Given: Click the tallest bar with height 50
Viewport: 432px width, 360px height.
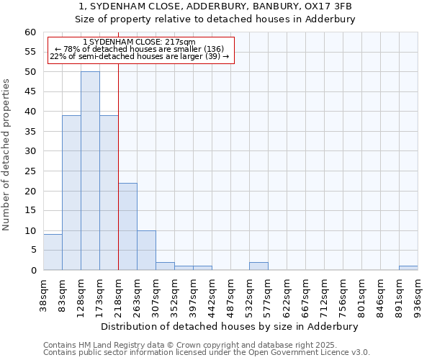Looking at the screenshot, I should point(90,171).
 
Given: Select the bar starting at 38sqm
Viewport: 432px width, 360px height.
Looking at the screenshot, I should point(53,252).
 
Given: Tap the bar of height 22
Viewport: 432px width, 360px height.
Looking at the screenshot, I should point(127,226).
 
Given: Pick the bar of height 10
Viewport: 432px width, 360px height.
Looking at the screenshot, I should point(146,250).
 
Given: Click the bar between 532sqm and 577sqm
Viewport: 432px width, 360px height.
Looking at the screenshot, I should point(258,266).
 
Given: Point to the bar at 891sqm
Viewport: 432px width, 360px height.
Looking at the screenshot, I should point(408,268).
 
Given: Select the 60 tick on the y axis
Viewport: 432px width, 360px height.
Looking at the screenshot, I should point(30,32).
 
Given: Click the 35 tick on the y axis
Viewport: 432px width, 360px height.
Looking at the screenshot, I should point(30,132).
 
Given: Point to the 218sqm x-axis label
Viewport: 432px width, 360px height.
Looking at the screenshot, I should point(118,294).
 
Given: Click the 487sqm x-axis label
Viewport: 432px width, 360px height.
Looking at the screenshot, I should point(230,294).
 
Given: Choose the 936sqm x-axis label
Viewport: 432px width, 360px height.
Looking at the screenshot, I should point(418,294).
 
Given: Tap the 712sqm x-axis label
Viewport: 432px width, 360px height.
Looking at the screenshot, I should point(324,294).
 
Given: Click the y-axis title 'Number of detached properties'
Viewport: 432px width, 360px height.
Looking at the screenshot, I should point(7,155).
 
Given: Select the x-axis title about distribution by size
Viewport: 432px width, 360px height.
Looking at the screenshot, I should point(230,326).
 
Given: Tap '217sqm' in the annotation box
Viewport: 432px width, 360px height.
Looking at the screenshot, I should point(179,42).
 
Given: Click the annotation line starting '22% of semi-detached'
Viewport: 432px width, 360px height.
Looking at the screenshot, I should point(140,56).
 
